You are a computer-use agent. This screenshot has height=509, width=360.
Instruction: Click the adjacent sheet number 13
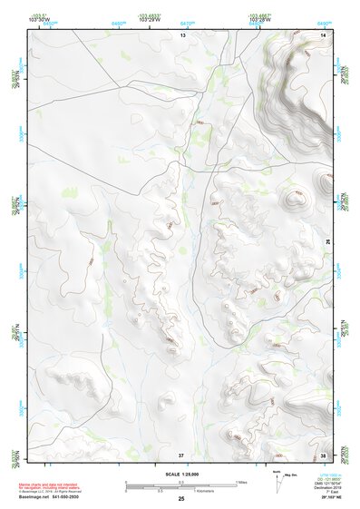(181, 34)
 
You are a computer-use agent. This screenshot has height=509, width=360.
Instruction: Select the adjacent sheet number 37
(181, 454)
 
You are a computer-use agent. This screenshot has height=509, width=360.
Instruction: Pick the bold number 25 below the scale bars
(181, 499)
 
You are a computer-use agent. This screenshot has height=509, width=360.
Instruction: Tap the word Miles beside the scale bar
(241, 482)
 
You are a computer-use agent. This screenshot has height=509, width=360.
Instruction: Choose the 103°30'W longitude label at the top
(38, 19)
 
